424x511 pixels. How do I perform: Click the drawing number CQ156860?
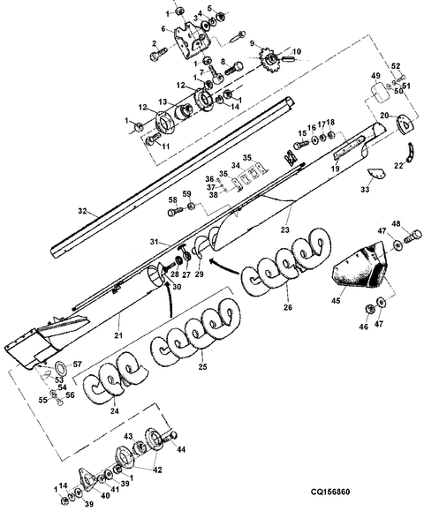(x=329, y=492)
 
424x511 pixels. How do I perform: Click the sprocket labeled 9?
(x=270, y=61)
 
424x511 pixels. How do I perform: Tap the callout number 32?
(x=82, y=211)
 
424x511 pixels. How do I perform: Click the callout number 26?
(x=288, y=307)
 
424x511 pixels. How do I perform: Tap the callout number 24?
(x=115, y=411)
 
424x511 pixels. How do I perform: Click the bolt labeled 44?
(x=170, y=437)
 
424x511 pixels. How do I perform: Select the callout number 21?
(x=118, y=335)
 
